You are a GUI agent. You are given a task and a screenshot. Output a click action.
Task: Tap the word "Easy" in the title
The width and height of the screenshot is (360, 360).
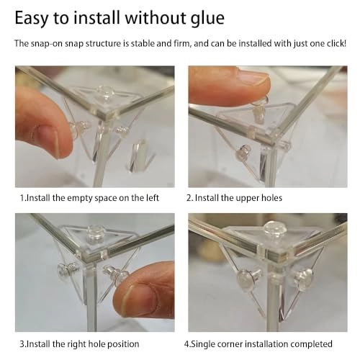click(31, 19)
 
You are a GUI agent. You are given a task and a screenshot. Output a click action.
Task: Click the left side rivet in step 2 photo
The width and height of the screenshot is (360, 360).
click(243, 153)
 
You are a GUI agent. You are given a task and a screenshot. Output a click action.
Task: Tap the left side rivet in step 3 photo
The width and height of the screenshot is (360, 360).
click(66, 269)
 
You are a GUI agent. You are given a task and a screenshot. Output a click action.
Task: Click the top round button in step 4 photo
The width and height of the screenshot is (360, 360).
click(274, 228)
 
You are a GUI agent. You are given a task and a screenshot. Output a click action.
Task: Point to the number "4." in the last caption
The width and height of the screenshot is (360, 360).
click(187, 344)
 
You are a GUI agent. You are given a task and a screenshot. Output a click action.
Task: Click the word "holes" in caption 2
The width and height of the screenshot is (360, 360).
click(271, 198)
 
